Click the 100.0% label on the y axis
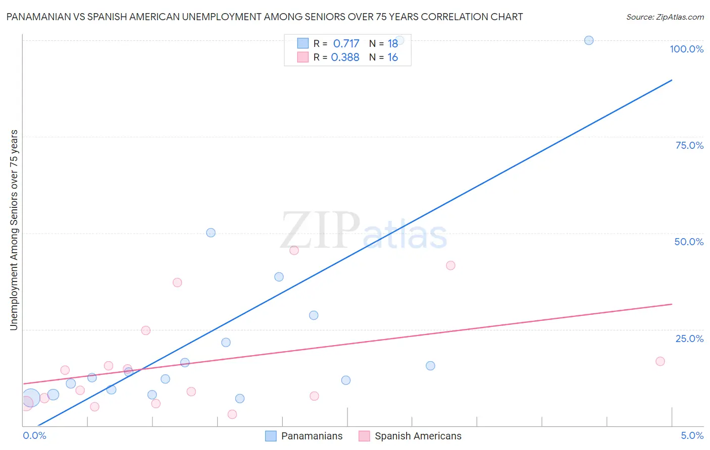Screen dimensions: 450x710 point(686,49)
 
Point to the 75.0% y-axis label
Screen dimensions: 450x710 point(689,145)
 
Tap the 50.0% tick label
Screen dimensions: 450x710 point(689,242)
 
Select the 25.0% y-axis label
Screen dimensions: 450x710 point(689,339)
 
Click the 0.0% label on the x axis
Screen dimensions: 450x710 point(34,435)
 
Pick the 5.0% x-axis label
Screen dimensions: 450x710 point(692,435)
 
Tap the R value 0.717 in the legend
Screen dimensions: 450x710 point(346,43)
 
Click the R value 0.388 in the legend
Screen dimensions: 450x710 point(345,57)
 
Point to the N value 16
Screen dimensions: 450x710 point(392,57)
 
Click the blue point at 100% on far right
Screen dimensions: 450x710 point(589,40)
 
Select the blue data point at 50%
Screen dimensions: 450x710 point(211,233)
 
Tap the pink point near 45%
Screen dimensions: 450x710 point(294,250)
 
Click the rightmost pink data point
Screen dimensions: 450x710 point(660,361)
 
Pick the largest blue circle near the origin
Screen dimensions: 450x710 point(30,398)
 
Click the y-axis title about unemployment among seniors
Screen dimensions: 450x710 point(14,230)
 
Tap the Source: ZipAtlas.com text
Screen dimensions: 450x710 point(665,17)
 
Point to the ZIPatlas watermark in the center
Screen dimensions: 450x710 point(364,232)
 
